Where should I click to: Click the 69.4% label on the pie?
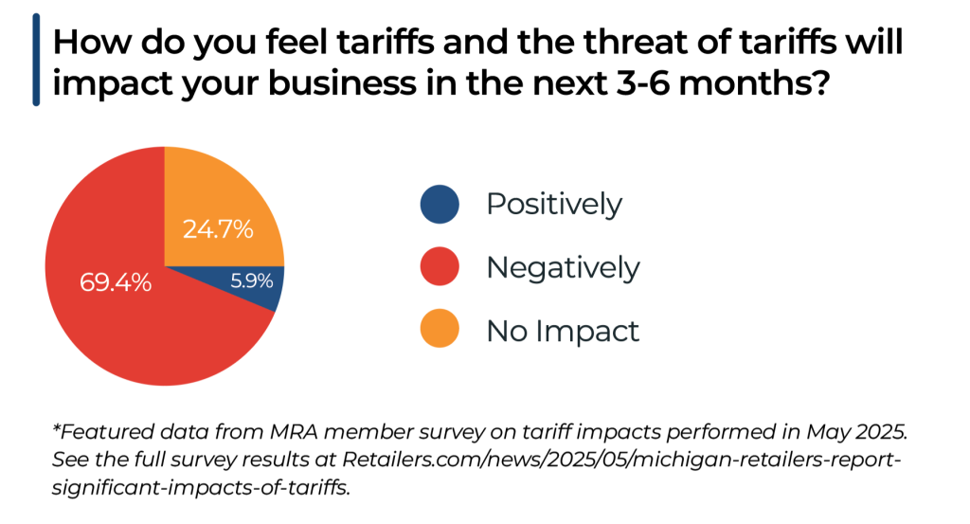[x=115, y=281]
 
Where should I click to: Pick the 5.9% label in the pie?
[x=252, y=280]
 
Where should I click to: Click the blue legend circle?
[x=439, y=204]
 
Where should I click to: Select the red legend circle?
[x=439, y=267]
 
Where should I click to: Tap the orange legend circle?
[x=439, y=330]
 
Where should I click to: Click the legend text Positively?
[x=554, y=204]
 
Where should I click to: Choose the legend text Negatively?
[x=563, y=268]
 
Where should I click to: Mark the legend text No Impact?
[x=563, y=331]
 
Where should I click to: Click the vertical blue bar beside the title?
[x=36, y=60]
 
